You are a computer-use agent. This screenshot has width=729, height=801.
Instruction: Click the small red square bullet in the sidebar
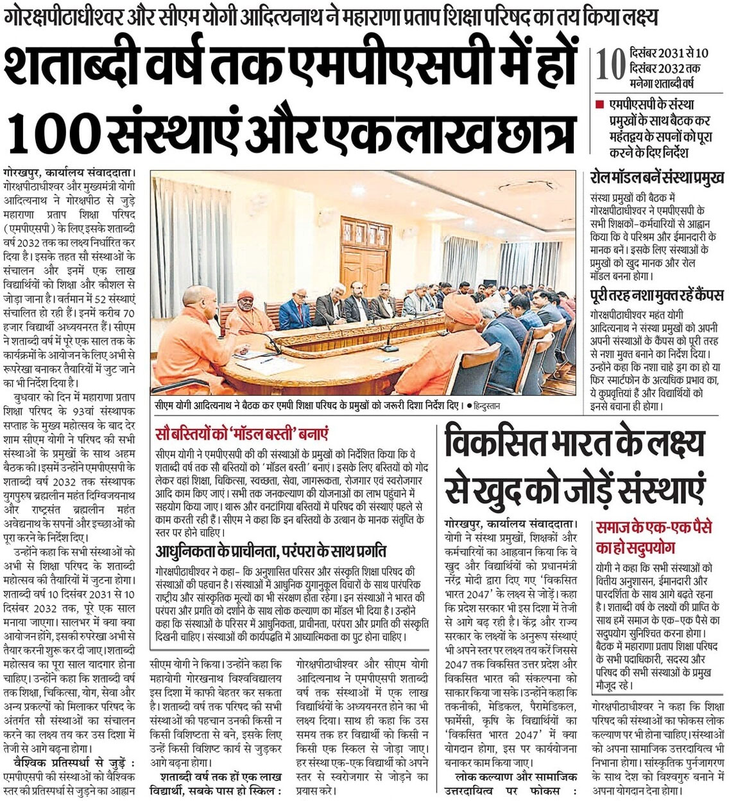point(600,105)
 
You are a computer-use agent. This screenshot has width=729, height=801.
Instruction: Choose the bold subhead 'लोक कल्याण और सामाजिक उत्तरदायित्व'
point(511,784)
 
